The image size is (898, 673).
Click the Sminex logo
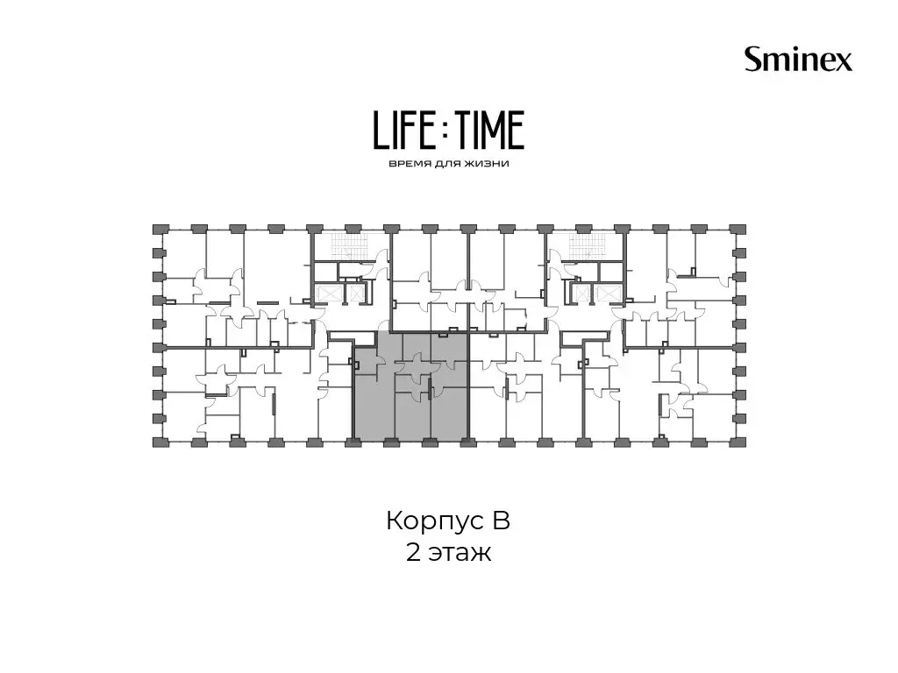coord(798,60)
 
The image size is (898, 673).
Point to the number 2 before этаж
coord(413,553)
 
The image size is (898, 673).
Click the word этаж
coord(460,555)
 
